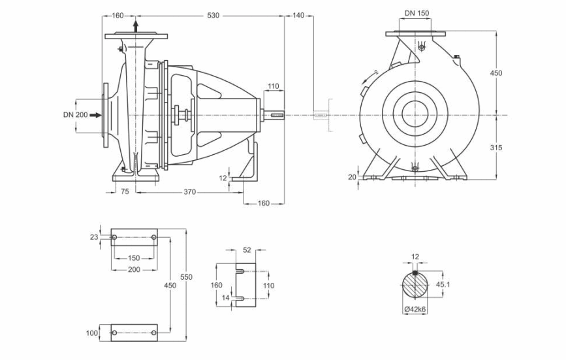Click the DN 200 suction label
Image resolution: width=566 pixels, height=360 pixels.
[x=75, y=115]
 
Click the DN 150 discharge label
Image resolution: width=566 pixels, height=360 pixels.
[x=417, y=13]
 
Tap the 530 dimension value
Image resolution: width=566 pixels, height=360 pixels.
[x=213, y=16]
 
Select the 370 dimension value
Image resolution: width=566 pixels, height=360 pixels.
[x=190, y=192]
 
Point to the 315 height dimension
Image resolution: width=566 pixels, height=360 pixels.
[x=496, y=147]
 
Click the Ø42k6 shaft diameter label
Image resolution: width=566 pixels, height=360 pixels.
[x=415, y=310]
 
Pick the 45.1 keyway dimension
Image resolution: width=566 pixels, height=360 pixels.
[x=443, y=284]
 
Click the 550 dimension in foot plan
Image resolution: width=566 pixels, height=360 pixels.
[x=186, y=277]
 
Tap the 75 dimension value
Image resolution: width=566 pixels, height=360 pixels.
[x=125, y=191]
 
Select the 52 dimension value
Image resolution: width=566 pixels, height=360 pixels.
[x=247, y=250]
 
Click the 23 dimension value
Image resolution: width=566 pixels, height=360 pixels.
[x=94, y=237]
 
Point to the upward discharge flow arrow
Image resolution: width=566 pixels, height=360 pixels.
[x=136, y=26]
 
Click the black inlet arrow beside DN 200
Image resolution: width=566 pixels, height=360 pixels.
[x=96, y=115]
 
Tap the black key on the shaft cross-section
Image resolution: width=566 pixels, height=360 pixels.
[x=415, y=273]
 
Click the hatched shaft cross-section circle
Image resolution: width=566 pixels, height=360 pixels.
[x=415, y=286]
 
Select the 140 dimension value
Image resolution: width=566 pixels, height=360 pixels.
[x=298, y=16]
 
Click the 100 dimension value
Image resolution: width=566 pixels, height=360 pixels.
[x=91, y=333]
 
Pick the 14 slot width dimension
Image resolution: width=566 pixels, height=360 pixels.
[x=226, y=298]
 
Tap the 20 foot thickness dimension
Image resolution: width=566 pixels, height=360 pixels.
[x=352, y=177]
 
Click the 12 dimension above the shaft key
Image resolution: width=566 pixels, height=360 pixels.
[x=415, y=257]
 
